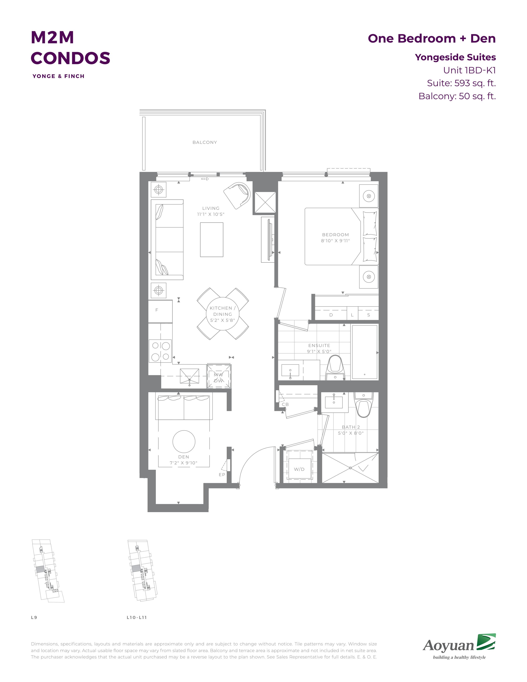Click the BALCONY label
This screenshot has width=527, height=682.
click(204, 142)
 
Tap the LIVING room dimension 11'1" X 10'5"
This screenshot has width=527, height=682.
click(211, 214)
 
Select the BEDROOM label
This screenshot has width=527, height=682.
click(335, 235)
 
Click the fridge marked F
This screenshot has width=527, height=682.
click(160, 311)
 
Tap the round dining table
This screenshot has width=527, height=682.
click(223, 314)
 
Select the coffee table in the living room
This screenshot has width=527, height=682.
click(212, 240)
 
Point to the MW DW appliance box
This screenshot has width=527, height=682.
click(219, 376)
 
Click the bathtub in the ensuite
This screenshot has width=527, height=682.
click(365, 352)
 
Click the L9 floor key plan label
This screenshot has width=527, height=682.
click(34, 617)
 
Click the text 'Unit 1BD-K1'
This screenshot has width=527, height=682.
click(470, 70)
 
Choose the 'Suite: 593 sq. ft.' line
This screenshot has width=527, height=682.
click(461, 83)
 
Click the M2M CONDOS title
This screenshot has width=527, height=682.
click(70, 48)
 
